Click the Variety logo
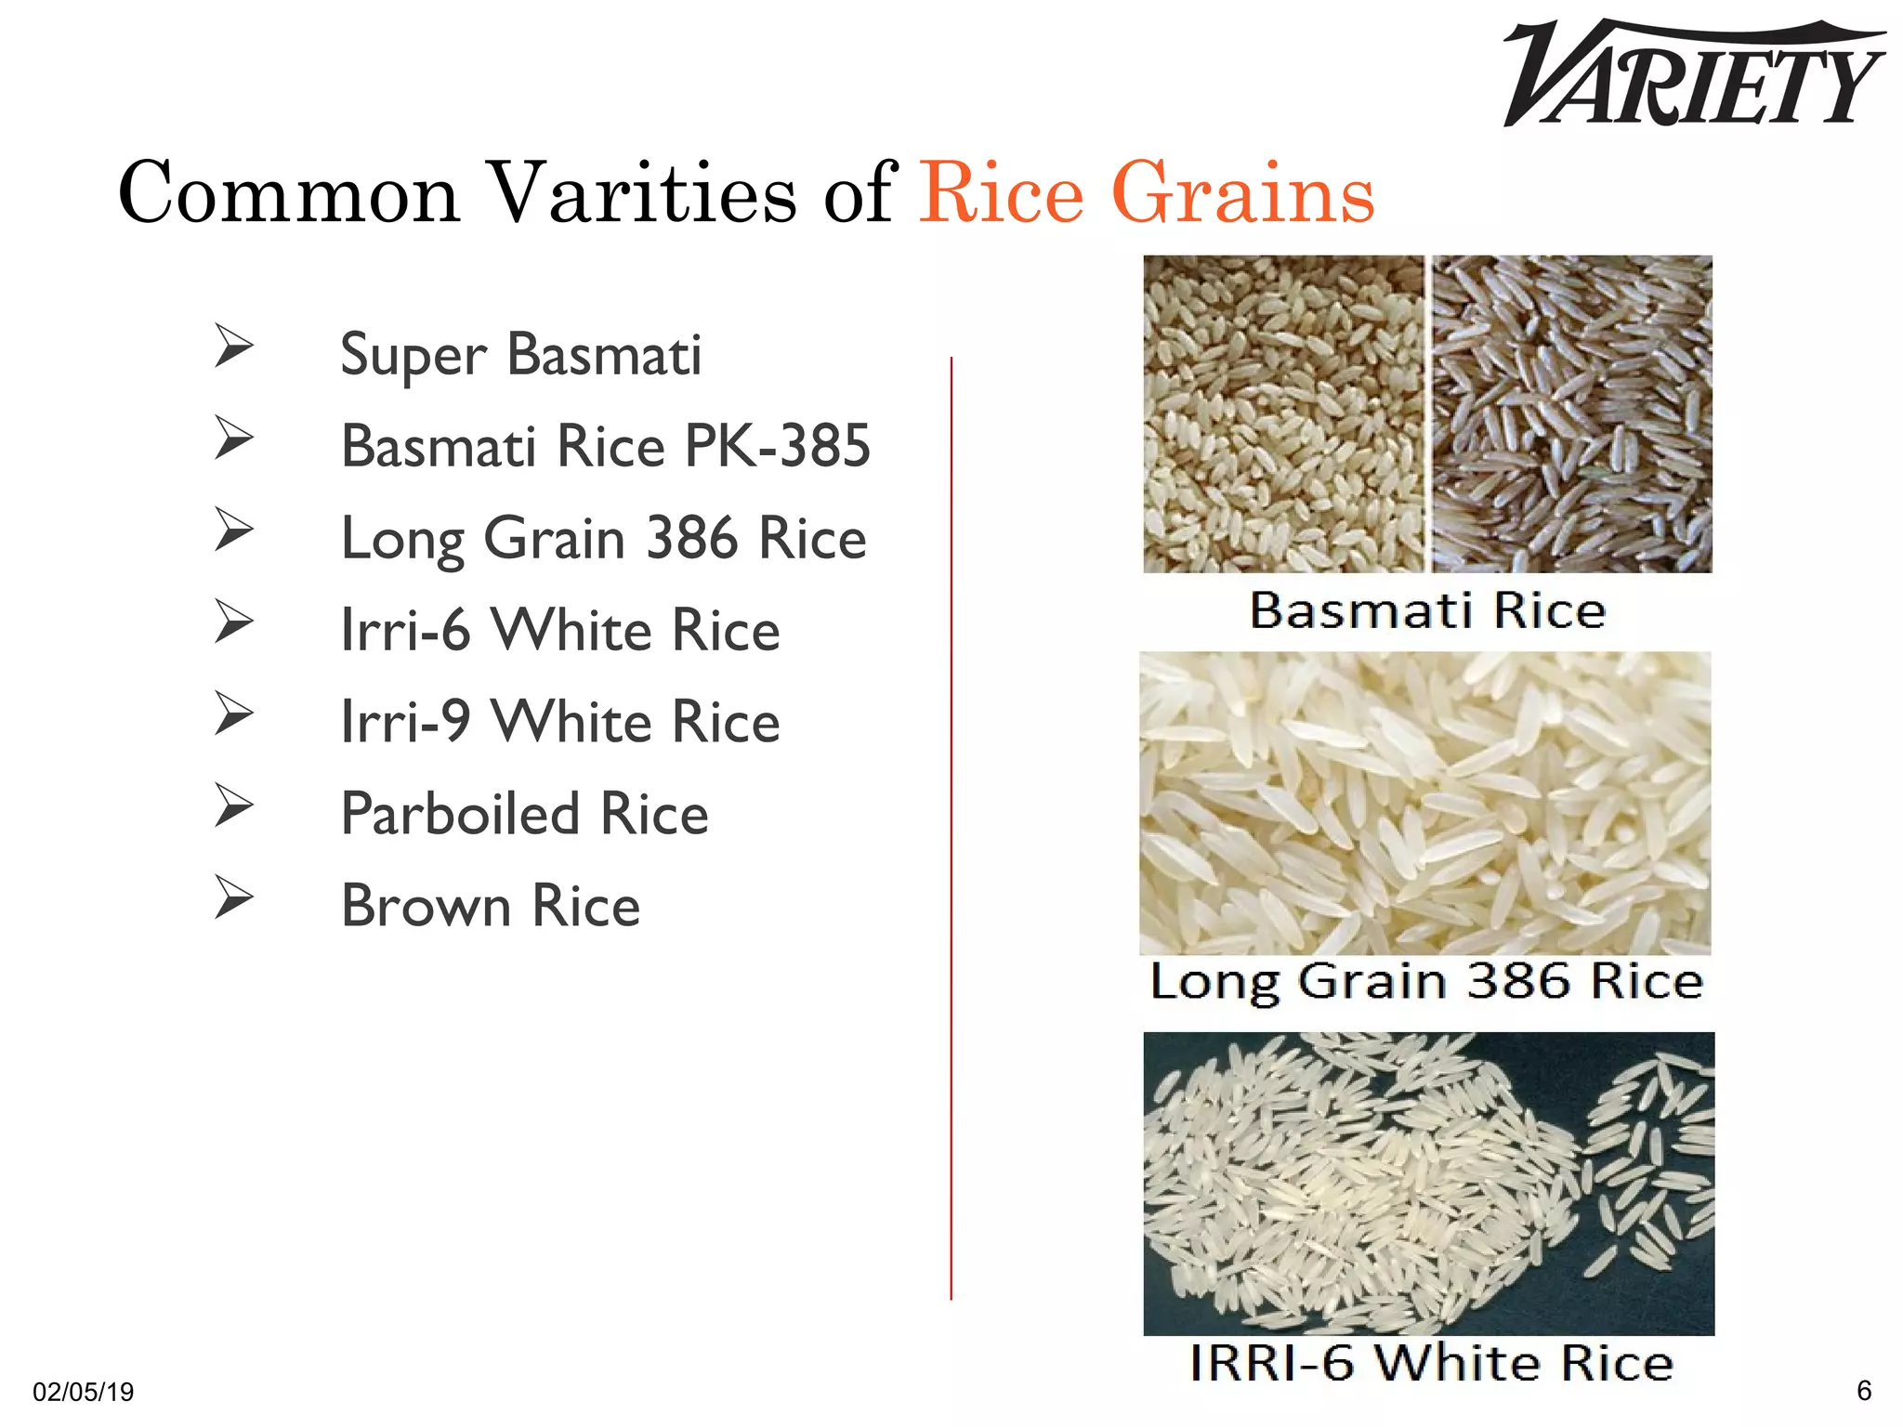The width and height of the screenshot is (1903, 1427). tap(1693, 74)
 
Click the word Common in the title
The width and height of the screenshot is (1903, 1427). tap(289, 193)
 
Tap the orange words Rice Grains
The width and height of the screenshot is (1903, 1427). tap(1147, 193)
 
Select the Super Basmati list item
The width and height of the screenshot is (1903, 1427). tap(520, 355)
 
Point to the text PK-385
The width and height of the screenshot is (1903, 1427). tap(777, 446)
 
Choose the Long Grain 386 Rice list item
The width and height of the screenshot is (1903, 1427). tap(603, 538)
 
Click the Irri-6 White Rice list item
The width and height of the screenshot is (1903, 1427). tap(559, 630)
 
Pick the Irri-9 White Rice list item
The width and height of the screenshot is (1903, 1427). tap(559, 722)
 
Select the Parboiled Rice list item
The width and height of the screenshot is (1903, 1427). tap(524, 814)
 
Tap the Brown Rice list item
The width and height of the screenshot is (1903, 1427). tap(490, 906)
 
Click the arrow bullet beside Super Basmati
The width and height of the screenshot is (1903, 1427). tap(233, 347)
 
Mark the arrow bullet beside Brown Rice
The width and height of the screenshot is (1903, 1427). tap(233, 897)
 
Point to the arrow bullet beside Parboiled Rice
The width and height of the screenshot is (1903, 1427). tap(233, 805)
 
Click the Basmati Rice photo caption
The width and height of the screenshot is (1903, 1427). tap(1427, 611)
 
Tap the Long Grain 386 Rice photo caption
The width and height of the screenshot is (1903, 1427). tap(1426, 982)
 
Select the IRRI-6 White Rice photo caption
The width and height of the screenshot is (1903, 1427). tap(1431, 1363)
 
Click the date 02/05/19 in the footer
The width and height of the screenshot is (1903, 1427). tap(83, 1392)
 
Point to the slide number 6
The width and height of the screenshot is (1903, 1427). tap(1863, 1390)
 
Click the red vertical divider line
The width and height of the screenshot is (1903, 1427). tap(951, 827)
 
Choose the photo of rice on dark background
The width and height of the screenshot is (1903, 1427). tap(1428, 1183)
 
